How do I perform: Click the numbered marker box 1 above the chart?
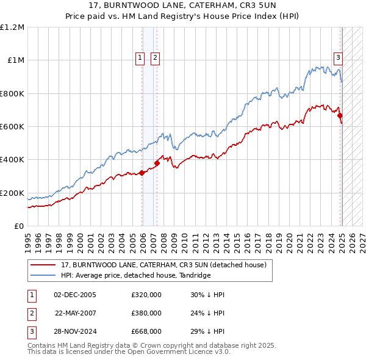coord(140,58)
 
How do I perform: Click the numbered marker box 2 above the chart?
coord(155,58)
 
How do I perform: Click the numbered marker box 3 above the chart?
coord(338,58)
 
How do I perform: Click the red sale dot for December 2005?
coord(142,173)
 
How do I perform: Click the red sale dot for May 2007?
coord(157,163)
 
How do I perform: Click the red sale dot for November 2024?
coord(340,115)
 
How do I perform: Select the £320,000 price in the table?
coord(146,295)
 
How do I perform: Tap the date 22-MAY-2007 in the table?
coord(76,313)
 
